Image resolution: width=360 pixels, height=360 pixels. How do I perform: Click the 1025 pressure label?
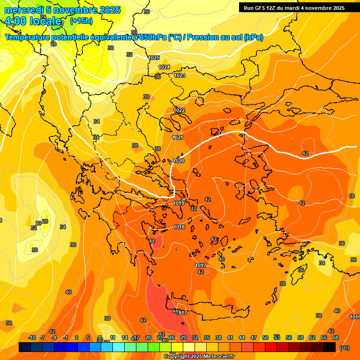(154, 58)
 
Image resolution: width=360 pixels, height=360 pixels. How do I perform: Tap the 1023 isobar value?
(180, 75)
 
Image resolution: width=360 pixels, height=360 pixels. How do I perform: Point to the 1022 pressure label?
(179, 110)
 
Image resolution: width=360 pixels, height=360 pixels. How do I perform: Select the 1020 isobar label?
(179, 161)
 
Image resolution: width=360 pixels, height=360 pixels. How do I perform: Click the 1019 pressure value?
(179, 203)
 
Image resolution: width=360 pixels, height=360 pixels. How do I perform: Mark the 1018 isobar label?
(179, 227)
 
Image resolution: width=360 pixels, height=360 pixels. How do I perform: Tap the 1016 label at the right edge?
(355, 317)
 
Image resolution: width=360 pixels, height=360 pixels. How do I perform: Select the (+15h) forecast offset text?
(81, 21)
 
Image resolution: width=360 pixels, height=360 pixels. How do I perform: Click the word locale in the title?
(45, 21)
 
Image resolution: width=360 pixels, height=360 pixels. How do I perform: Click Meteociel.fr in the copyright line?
(219, 356)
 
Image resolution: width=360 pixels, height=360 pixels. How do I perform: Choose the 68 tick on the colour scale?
(336, 337)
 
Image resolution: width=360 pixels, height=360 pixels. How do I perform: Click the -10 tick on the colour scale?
(32, 337)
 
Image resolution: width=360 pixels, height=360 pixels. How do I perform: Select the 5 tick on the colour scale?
(88, 337)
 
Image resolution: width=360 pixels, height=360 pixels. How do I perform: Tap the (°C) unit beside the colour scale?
(345, 347)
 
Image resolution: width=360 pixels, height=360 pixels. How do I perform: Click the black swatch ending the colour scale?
(330, 347)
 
